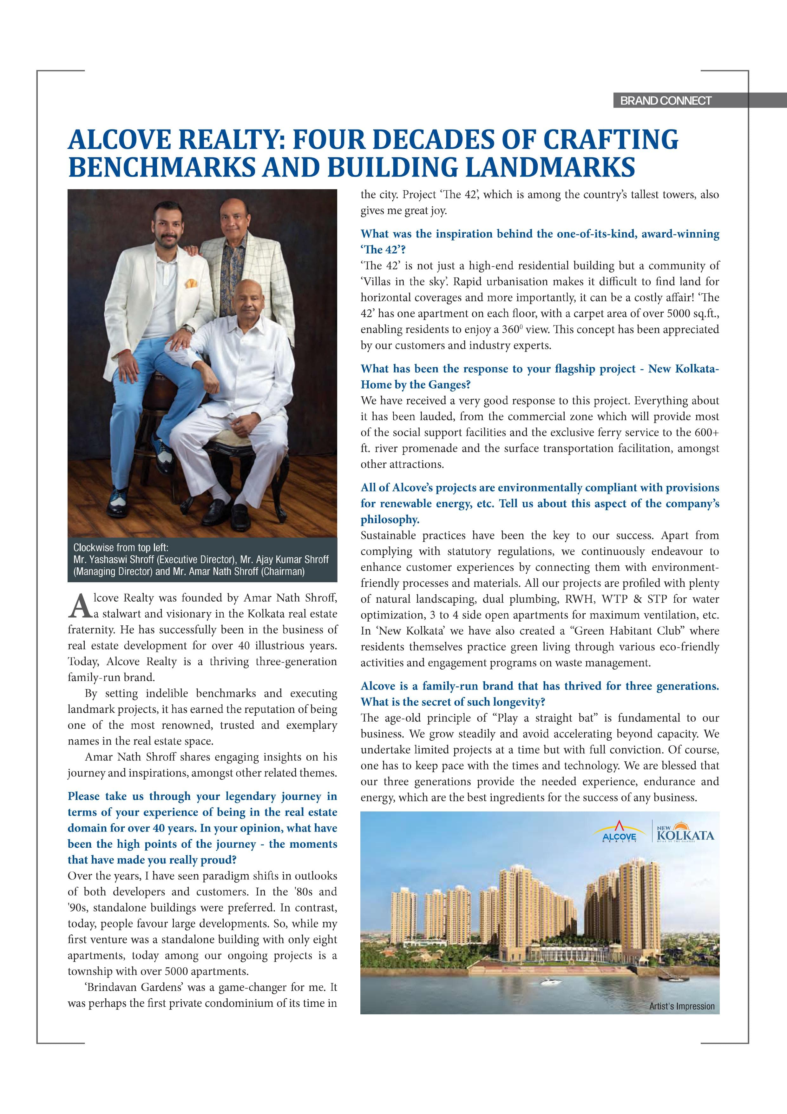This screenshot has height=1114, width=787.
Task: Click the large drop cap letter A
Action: click(x=80, y=606)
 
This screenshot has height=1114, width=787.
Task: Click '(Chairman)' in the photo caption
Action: click(x=283, y=571)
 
